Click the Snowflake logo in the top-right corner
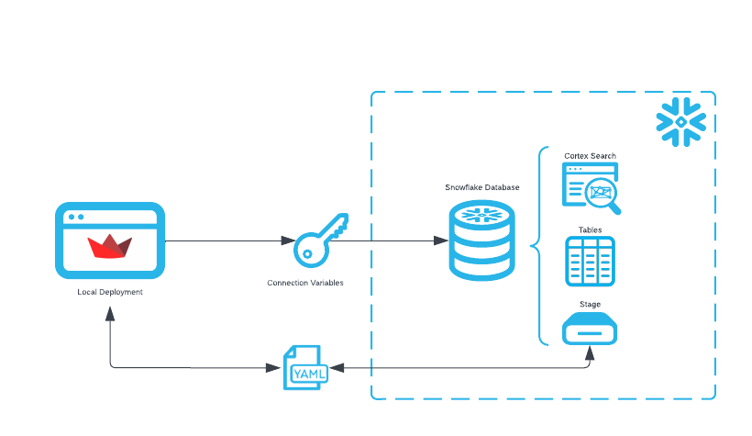[x=680, y=121]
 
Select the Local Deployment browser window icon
[x=110, y=240]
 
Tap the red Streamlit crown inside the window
[x=110, y=247]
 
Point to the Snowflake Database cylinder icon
[x=482, y=240]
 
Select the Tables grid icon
[x=590, y=261]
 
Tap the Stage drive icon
[x=590, y=328]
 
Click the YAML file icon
[x=304, y=368]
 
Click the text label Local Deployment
[x=110, y=292]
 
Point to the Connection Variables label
[x=305, y=283]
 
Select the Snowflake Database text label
[x=482, y=187]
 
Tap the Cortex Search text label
[x=590, y=156]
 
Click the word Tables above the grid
[x=590, y=229]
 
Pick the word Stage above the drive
[x=590, y=304]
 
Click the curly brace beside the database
[x=537, y=246]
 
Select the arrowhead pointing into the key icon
[x=287, y=240]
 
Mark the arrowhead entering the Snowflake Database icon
[x=440, y=240]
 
